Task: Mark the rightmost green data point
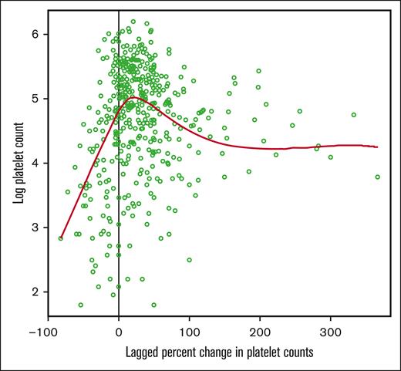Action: [378, 177]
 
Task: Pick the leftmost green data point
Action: [61, 238]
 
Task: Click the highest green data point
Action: [133, 22]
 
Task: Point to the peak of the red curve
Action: [133, 98]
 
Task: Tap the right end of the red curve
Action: [377, 147]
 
